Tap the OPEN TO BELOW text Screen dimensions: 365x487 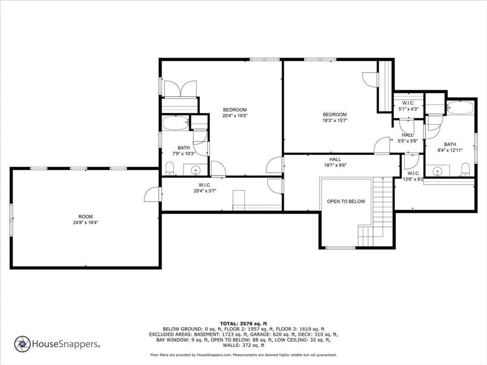coord(346,202)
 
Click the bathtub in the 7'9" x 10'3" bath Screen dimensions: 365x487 coord(175,123)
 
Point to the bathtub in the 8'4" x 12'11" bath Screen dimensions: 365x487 coord(460,107)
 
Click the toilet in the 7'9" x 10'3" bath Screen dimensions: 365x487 coord(169,168)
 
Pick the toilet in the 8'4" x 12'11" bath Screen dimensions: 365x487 coord(465,169)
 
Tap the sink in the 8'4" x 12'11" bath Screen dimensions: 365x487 coord(436,170)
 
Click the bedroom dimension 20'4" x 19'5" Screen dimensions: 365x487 coord(235,115)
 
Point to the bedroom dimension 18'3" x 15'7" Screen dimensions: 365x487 coord(335,120)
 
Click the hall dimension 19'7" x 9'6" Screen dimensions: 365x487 coord(335,165)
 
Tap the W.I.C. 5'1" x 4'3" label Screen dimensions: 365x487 coord(408,106)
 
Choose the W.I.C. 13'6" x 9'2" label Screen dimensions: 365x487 coord(413,176)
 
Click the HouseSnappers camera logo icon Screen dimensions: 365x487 coord(22,344)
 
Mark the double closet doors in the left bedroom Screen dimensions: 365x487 coord(180,88)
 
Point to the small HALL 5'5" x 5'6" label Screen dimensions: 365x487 coord(407,138)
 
